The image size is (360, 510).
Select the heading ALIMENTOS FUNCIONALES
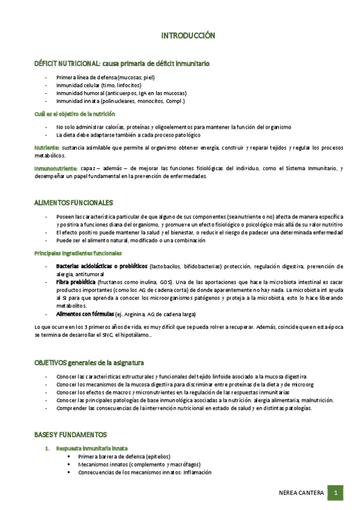click(x=74, y=203)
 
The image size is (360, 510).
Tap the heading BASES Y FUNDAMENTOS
click(x=70, y=434)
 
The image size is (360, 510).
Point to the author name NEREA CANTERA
click(x=301, y=494)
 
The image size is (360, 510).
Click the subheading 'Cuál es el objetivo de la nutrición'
click(x=75, y=114)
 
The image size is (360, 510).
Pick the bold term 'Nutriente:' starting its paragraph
click(x=47, y=147)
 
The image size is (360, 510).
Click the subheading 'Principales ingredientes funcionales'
click(x=78, y=253)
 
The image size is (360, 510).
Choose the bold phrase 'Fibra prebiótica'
click(x=76, y=282)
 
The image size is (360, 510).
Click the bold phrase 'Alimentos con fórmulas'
click(x=85, y=314)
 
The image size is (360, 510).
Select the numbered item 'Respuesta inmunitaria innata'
click(x=91, y=449)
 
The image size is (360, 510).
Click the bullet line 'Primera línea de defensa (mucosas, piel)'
click(x=106, y=78)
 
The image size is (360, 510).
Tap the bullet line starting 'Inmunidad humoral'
click(x=121, y=93)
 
